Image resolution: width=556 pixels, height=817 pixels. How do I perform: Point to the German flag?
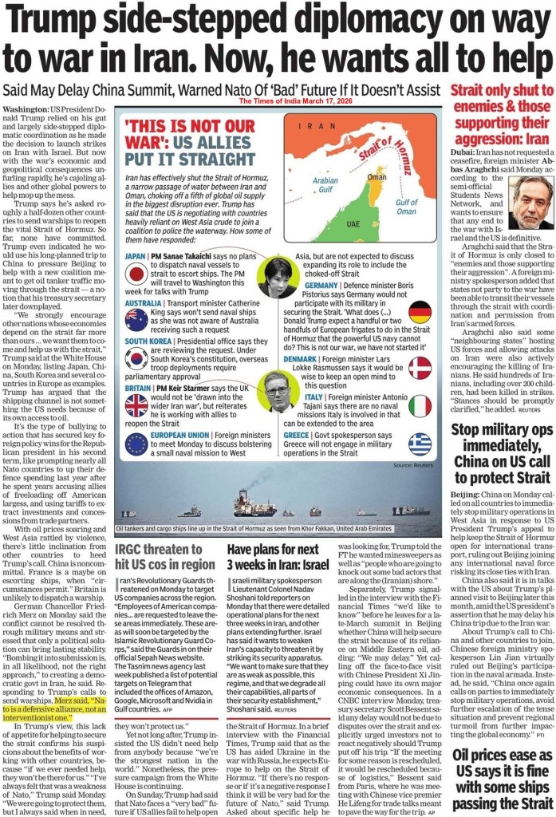point(420,312)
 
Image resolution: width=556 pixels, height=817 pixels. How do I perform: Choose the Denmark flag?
point(420,367)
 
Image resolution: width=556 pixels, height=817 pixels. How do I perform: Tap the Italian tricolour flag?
point(420,405)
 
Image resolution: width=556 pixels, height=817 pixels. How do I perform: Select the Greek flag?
point(420,444)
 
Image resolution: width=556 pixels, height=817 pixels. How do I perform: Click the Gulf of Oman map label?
point(406,207)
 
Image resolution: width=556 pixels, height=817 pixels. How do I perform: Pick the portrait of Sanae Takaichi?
point(276,277)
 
